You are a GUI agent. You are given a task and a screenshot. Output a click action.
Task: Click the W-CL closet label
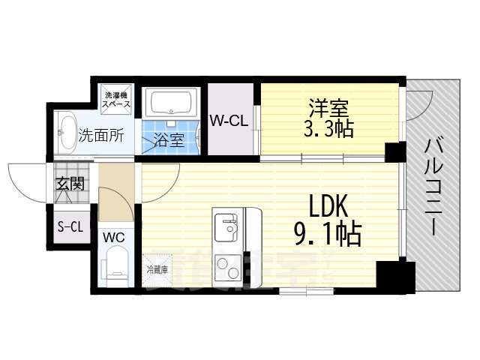click(x=229, y=120)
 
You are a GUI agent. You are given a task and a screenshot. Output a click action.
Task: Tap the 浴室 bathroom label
click(x=169, y=139)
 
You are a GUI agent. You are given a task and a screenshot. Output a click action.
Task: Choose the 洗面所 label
click(x=101, y=136)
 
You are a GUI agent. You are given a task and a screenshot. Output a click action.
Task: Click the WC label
click(x=113, y=238)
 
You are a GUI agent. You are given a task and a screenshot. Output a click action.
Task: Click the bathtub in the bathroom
click(x=172, y=103)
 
